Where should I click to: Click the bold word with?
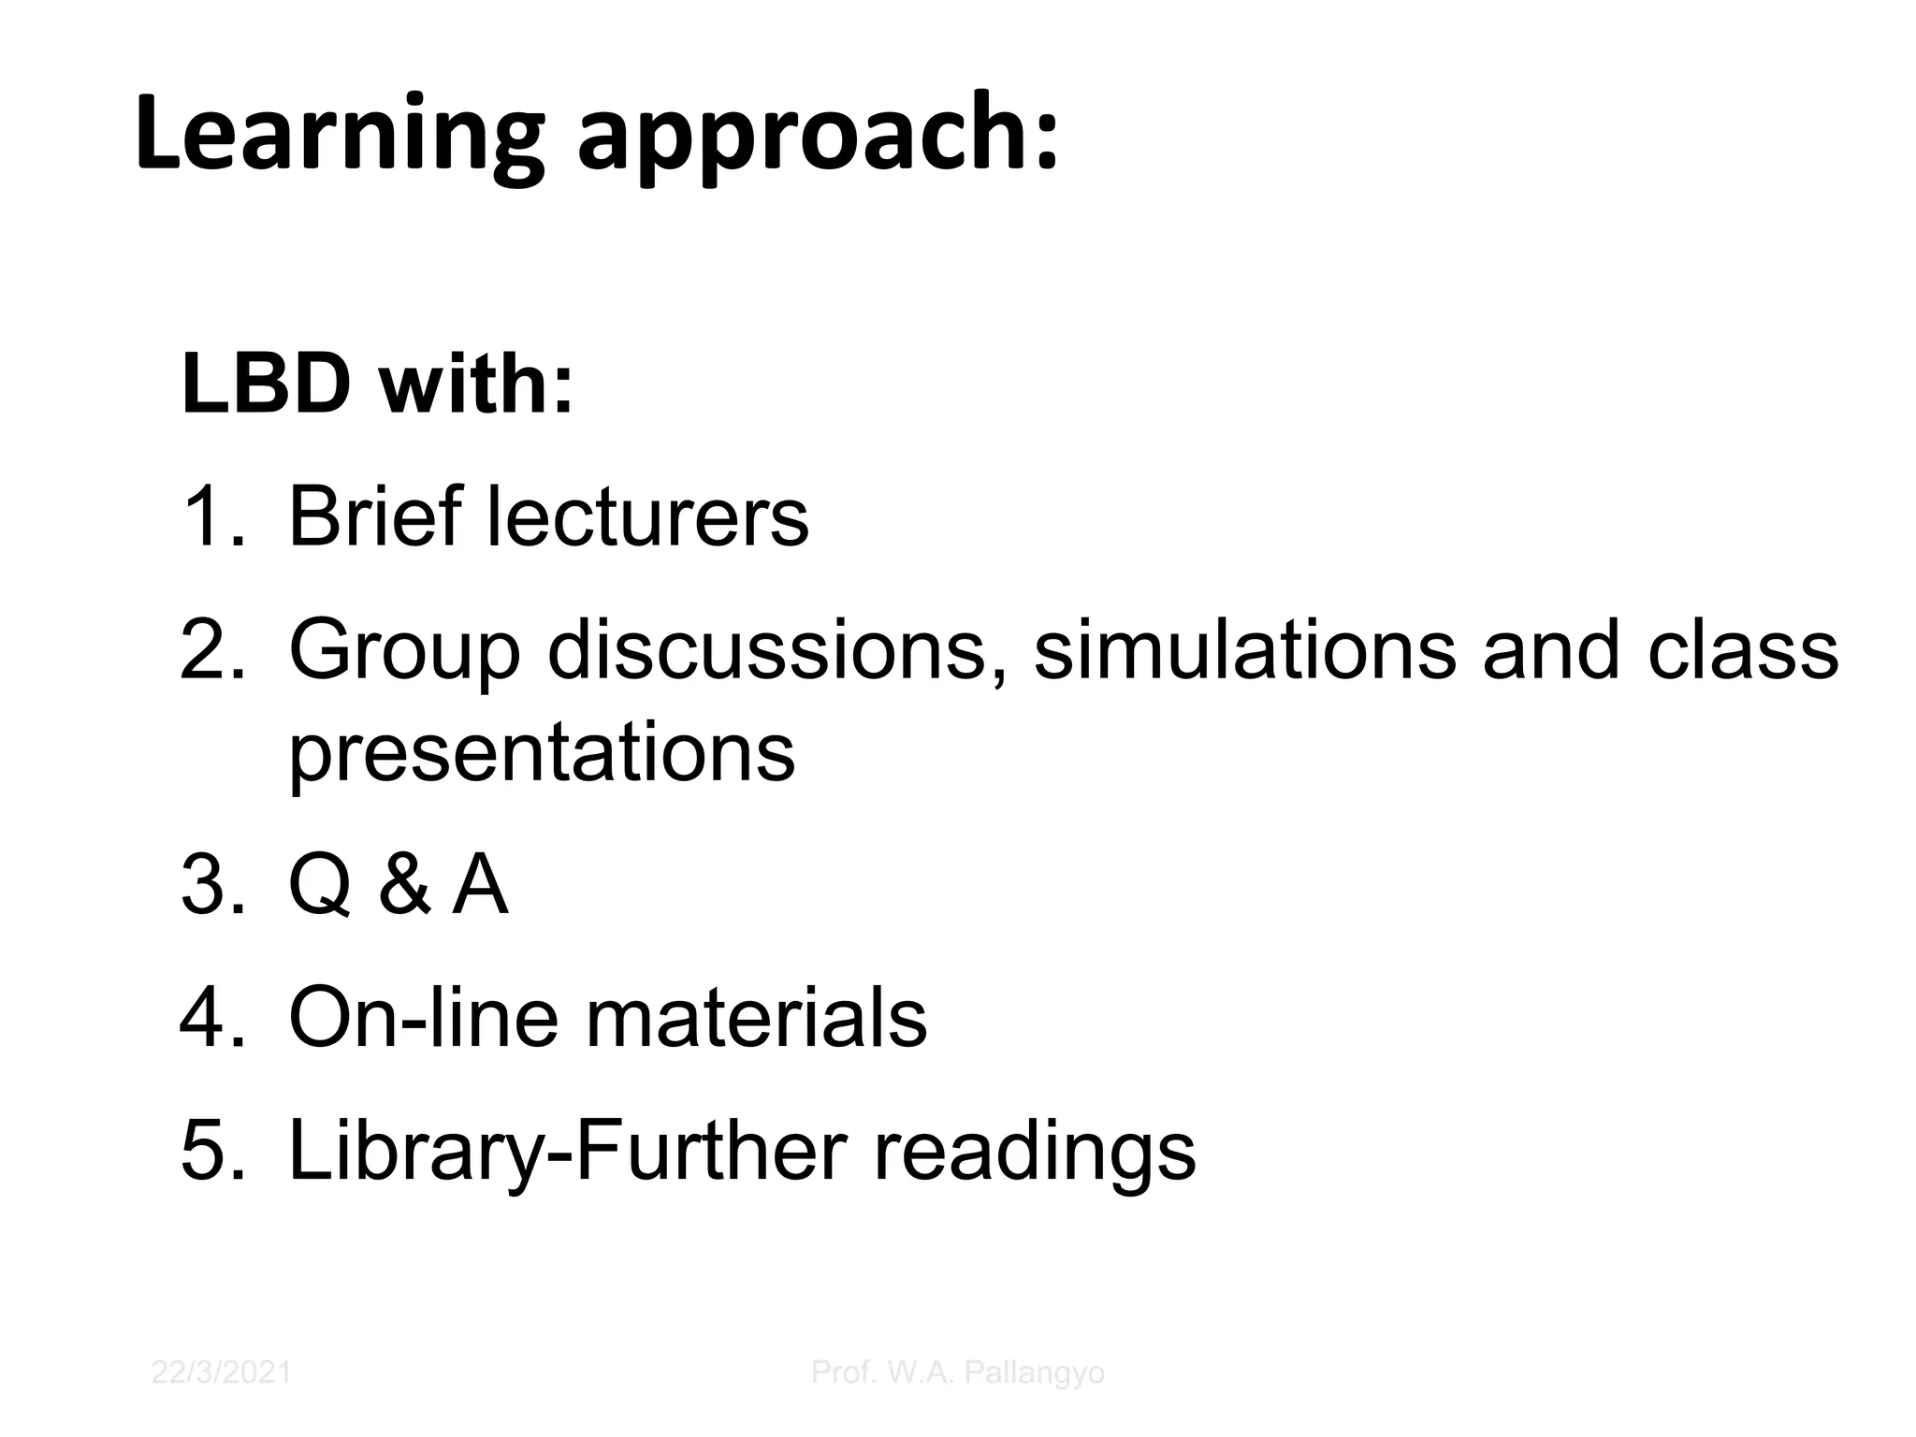tap(475, 384)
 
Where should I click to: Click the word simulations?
tap(1244, 648)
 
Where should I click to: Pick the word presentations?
tap(542, 753)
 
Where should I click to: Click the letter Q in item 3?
tap(320, 886)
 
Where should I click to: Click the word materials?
tap(756, 1017)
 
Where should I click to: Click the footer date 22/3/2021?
tap(221, 1372)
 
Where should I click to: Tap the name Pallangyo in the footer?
tap(1034, 1373)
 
